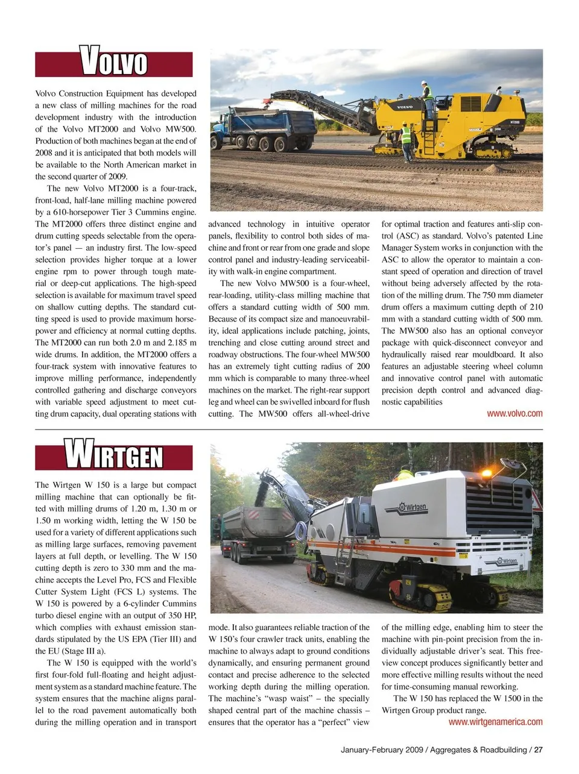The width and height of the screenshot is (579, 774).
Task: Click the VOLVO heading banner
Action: tap(114, 63)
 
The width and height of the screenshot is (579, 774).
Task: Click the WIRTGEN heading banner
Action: tap(114, 456)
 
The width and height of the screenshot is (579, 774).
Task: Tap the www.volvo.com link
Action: tap(514, 414)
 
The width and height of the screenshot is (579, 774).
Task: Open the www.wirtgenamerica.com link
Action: tap(495, 722)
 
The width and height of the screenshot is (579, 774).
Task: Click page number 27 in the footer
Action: tap(539, 750)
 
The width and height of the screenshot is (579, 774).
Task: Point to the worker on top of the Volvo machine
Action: tap(427, 92)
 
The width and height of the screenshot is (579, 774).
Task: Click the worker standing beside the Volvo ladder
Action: tap(406, 142)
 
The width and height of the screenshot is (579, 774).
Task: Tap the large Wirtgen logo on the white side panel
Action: tap(413, 507)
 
